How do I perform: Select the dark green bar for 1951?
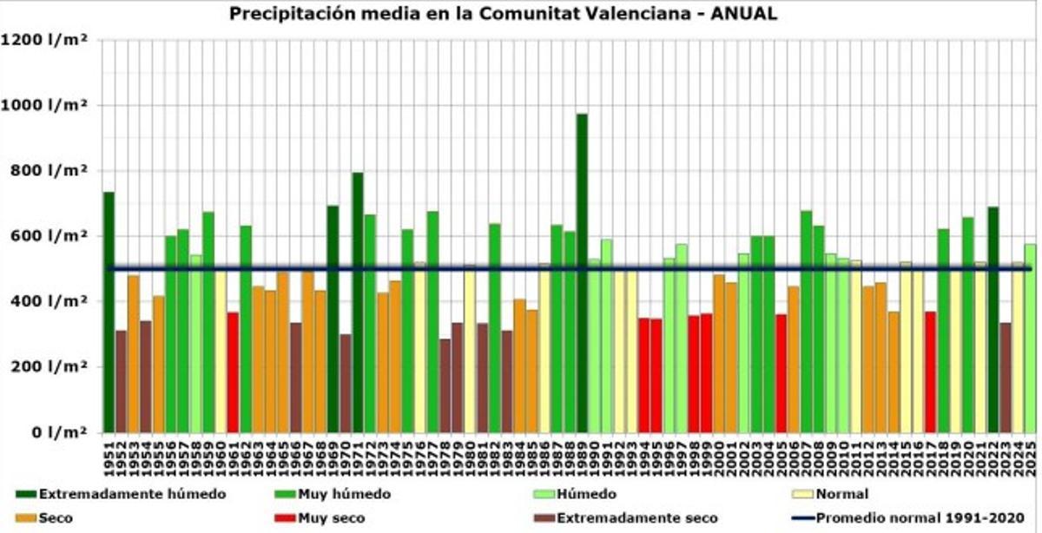[x=109, y=313]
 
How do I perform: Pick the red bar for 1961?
[x=233, y=372]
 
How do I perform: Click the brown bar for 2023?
[x=1006, y=378]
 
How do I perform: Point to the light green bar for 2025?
[x=1030, y=339]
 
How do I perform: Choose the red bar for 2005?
[x=781, y=373]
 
